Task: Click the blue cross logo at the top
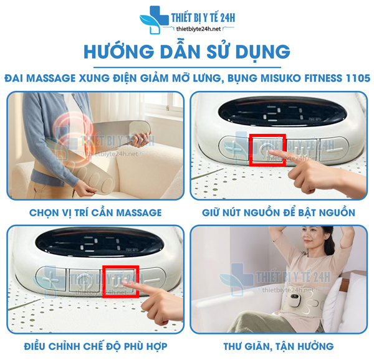pos(154,19)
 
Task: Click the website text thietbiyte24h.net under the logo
pos(198,29)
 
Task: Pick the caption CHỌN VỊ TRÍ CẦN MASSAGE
pos(95,213)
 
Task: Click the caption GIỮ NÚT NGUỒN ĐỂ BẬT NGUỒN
pos(279,213)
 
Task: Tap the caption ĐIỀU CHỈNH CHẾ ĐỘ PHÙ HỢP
pos(95,346)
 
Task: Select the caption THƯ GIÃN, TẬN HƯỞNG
pos(279,346)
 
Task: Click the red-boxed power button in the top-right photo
pos(267,150)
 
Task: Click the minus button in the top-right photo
pos(333,149)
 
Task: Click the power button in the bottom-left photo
pos(84,280)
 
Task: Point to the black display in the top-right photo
pos(279,111)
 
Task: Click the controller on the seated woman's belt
pos(295,298)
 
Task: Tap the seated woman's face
pos(310,241)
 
